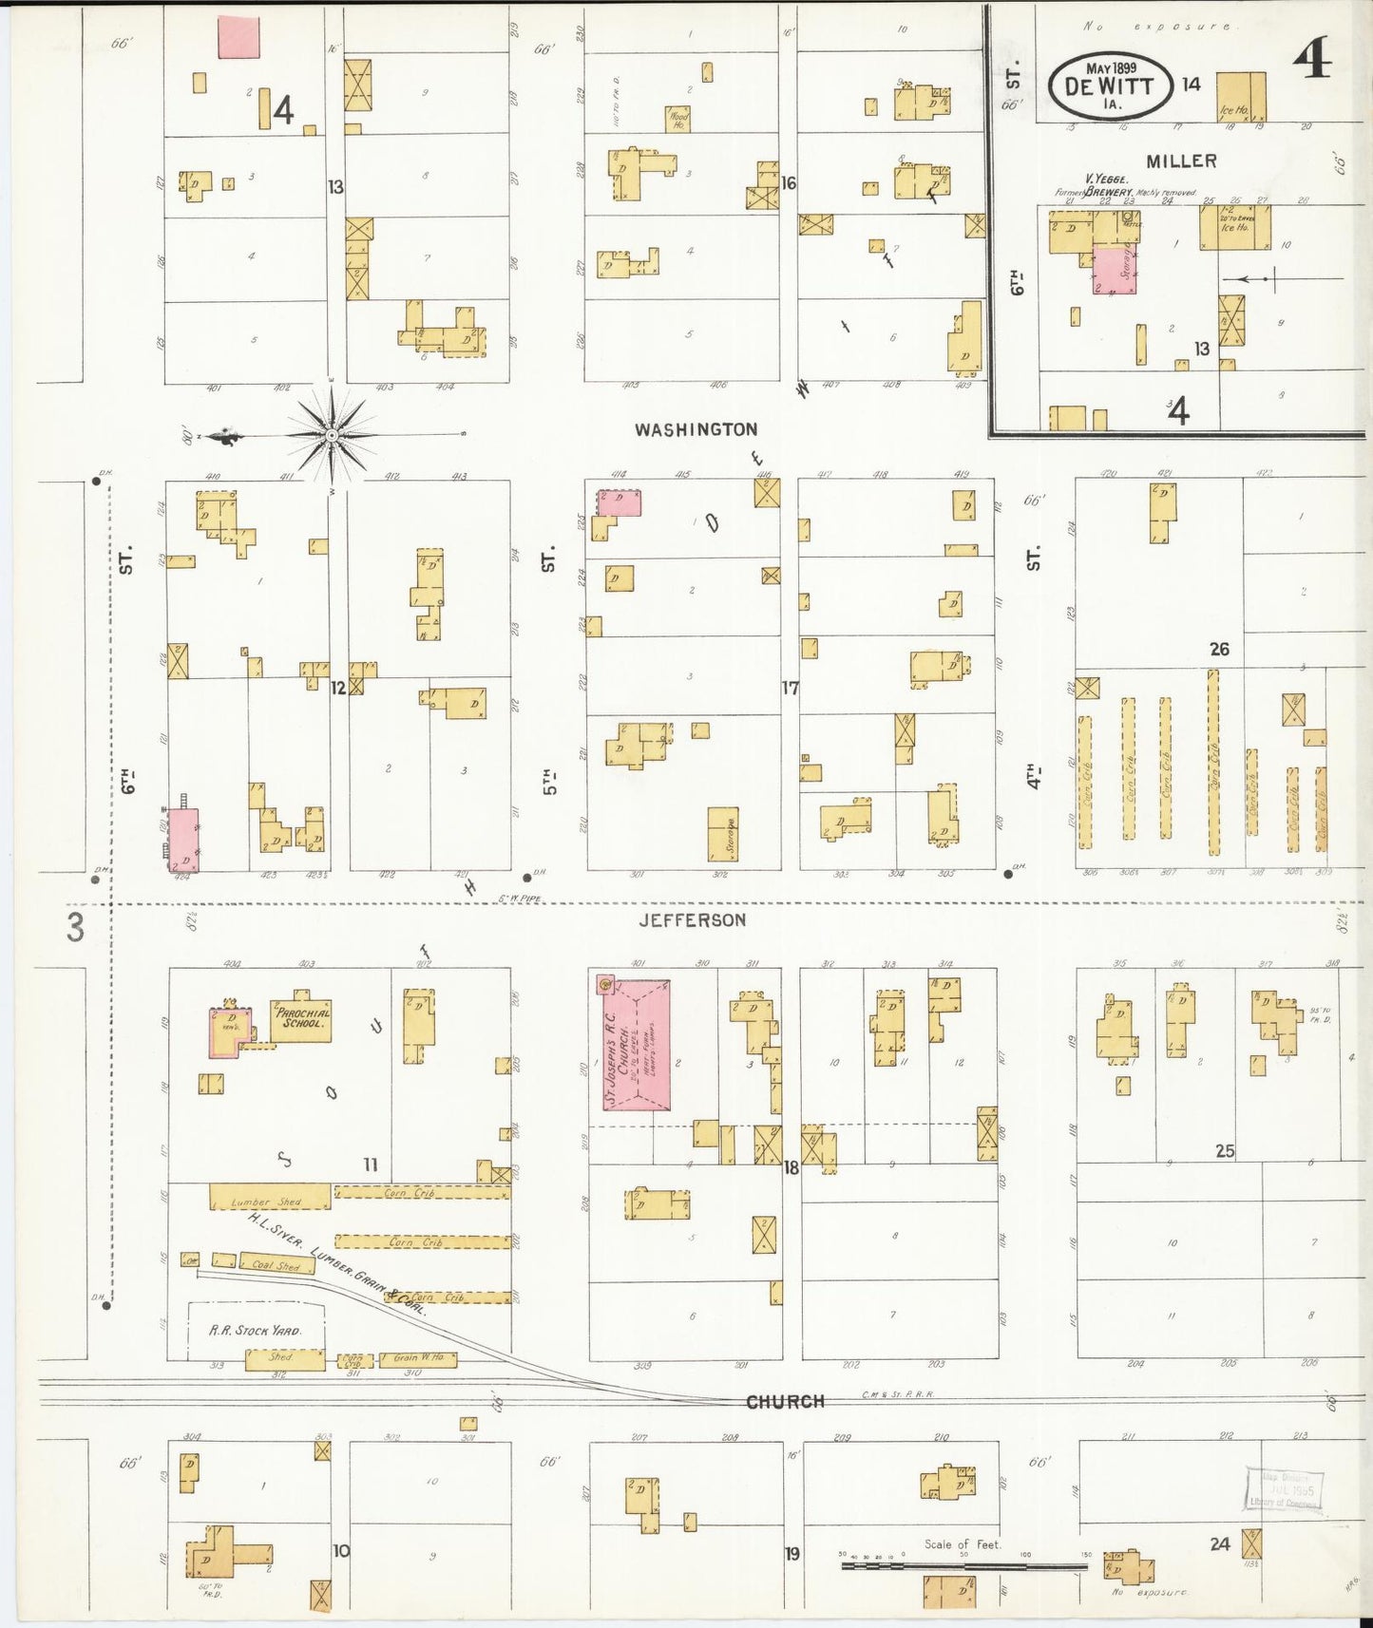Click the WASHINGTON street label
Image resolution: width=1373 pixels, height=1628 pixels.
[696, 429]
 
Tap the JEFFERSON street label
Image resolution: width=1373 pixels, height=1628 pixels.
[692, 919]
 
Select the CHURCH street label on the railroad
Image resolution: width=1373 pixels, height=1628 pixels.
[785, 1401]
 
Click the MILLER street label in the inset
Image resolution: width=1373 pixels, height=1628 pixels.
[1181, 161]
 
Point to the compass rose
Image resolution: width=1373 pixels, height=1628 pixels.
[332, 436]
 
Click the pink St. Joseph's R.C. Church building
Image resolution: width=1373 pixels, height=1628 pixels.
[638, 1045]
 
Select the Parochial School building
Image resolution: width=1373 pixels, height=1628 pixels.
[301, 1020]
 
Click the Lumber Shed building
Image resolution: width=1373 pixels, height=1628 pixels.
[269, 1197]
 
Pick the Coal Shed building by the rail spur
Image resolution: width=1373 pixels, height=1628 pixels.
[275, 1265]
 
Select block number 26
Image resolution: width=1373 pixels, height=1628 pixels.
[1219, 649]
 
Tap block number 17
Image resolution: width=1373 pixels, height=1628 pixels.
[790, 688]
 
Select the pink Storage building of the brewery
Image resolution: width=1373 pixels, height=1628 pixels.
[1116, 269]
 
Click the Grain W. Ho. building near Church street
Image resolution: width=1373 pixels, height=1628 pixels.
[418, 1359]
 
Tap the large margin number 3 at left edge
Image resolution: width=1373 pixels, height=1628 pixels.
[75, 928]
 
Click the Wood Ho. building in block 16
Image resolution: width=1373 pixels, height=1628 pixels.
[677, 119]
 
